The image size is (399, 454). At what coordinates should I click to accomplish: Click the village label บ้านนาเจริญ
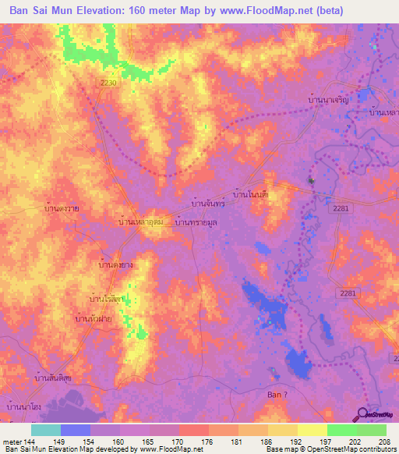327,100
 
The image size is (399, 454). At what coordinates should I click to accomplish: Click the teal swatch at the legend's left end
46,430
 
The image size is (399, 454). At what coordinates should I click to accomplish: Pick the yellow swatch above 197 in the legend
312,430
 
